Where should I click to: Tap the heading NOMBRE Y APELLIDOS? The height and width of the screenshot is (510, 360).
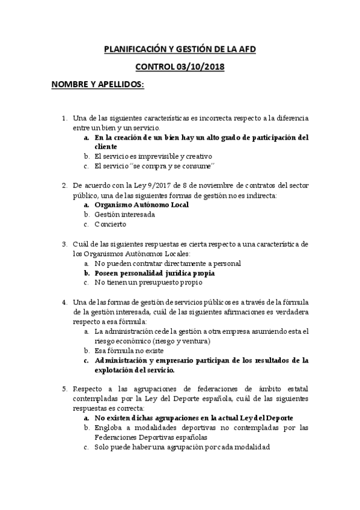[97, 84]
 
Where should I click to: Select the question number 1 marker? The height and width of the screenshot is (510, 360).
[65, 118]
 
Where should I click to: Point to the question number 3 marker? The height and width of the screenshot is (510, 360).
[65, 244]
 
